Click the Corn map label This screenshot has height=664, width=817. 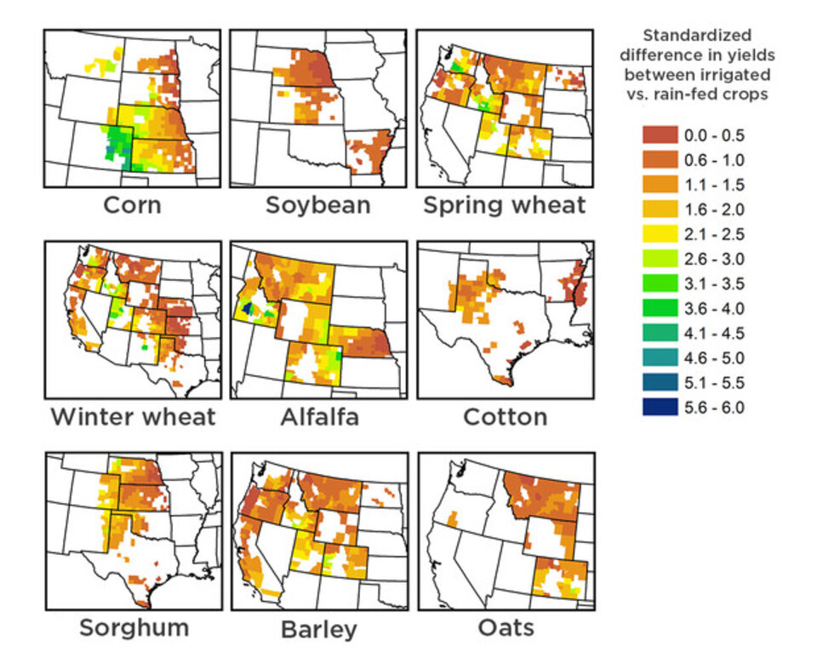click(132, 205)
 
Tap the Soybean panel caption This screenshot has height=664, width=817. click(317, 205)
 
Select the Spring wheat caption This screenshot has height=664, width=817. click(505, 205)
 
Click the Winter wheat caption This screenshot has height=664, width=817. click(133, 417)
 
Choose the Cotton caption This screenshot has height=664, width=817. click(505, 417)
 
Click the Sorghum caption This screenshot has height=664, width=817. click(134, 628)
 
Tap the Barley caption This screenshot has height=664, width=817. click(318, 630)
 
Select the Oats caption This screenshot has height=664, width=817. click(506, 628)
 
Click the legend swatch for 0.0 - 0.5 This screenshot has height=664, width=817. click(660, 135)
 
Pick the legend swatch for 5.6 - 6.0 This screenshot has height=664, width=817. click(660, 408)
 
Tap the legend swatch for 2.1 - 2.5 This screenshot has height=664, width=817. click(660, 234)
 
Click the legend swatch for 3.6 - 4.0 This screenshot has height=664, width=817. click(660, 308)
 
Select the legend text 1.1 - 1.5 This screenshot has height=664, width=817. click(714, 185)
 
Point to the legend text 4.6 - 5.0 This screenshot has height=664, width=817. click(714, 358)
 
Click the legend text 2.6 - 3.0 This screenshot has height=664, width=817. click(714, 259)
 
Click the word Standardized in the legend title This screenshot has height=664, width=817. click(697, 36)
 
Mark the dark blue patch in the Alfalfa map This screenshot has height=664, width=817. click(248, 307)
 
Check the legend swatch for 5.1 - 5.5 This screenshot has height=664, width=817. click(660, 383)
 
